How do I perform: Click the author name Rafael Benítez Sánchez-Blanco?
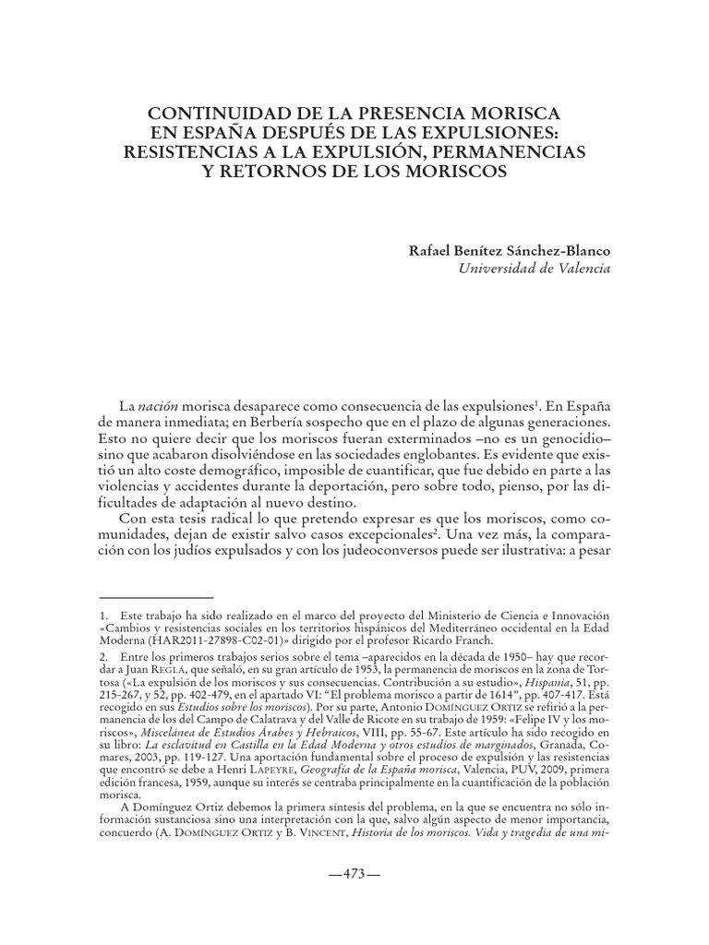tap(510, 250)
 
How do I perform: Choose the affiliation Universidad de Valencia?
tap(534, 269)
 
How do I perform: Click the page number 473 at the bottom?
tap(354, 874)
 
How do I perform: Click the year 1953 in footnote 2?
tap(356, 666)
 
